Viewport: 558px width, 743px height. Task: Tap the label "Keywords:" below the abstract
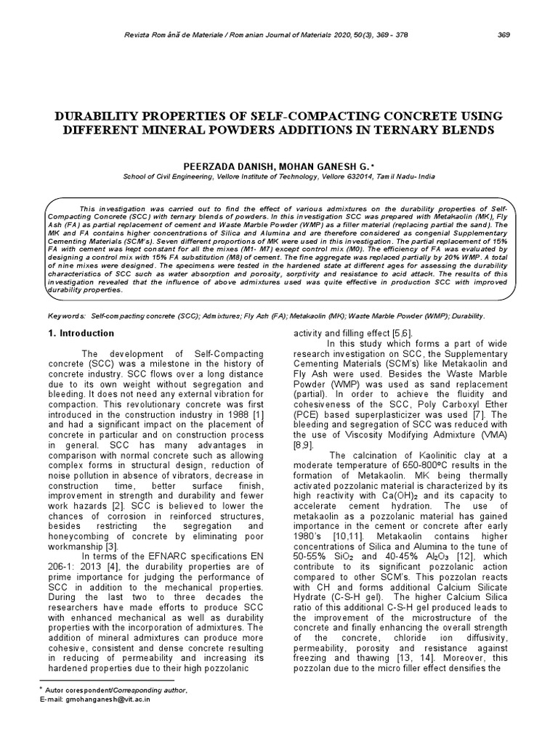tap(65, 317)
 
